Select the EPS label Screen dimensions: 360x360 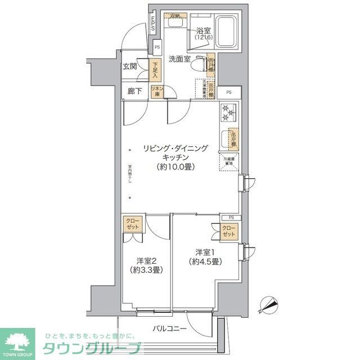click(x=154, y=26)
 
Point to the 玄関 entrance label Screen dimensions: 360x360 click(x=130, y=66)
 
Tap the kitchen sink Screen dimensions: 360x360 click(x=226, y=138)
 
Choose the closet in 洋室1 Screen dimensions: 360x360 click(x=229, y=231)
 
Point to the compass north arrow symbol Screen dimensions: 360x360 click(x=268, y=305)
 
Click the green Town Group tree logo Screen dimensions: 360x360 click(x=17, y=341)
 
